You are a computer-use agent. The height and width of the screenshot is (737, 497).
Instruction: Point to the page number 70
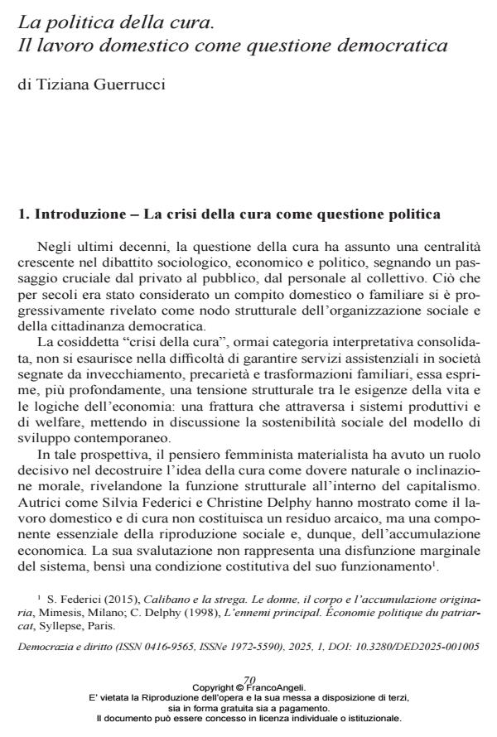249,701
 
